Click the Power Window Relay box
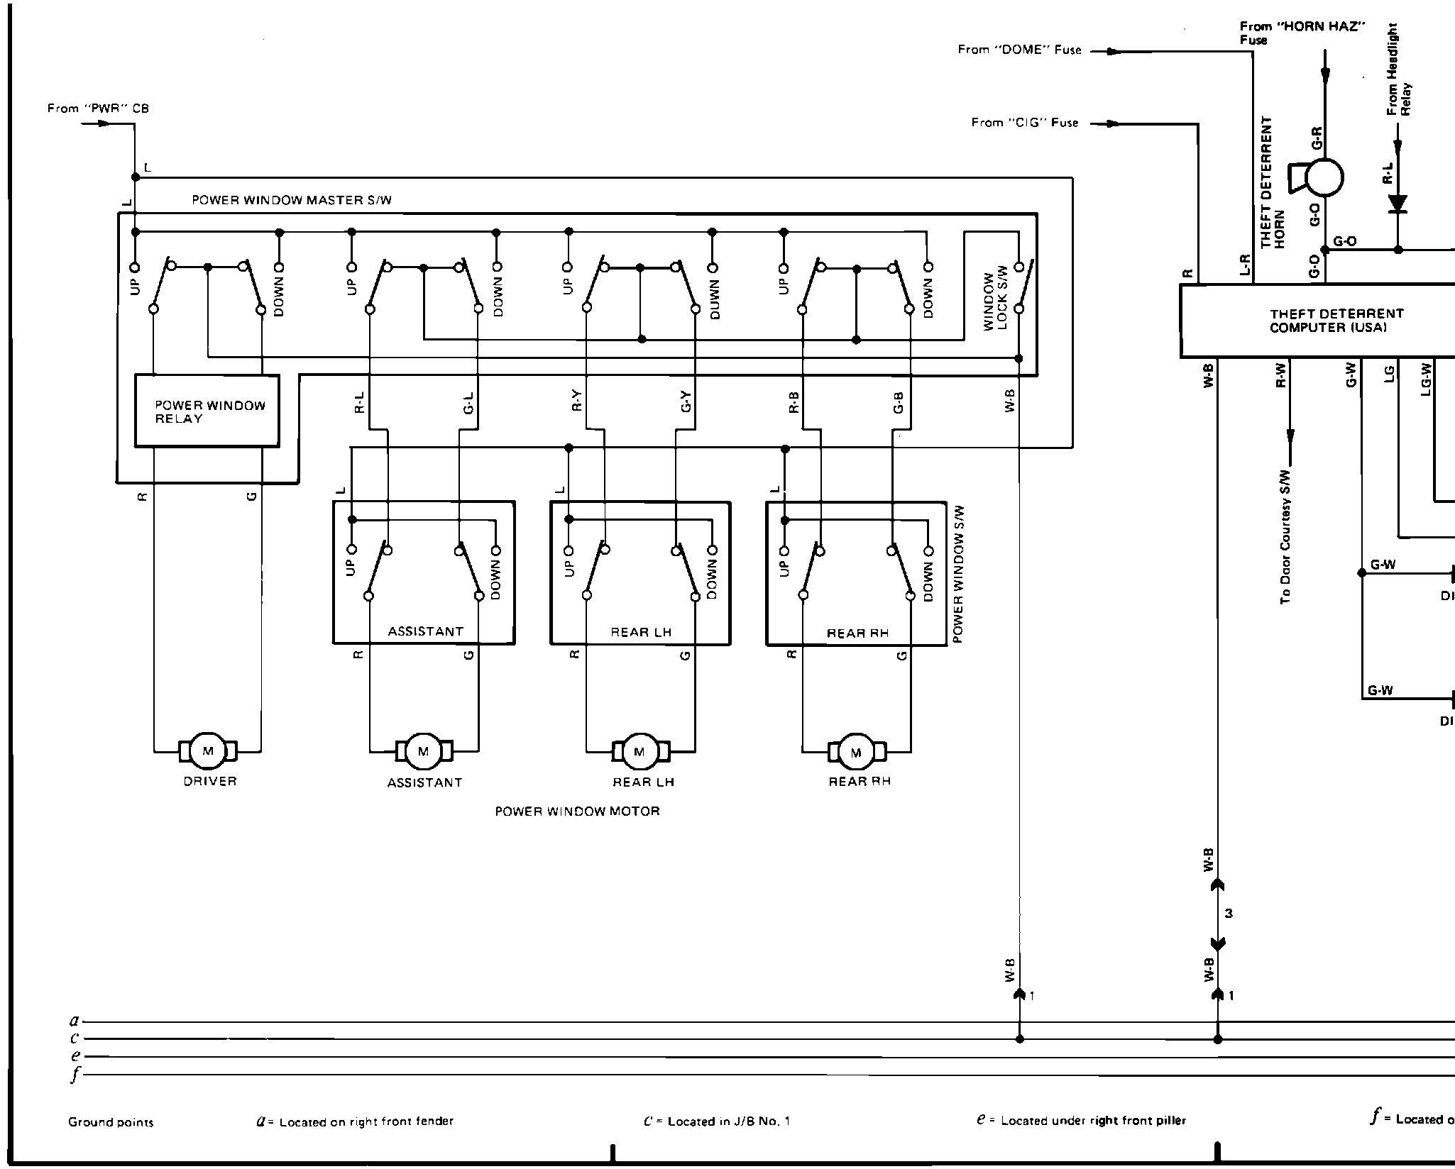click(x=207, y=411)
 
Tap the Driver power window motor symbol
click(x=208, y=751)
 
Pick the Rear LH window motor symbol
click(x=639, y=752)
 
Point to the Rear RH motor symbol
click(x=856, y=752)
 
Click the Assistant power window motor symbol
click(x=424, y=752)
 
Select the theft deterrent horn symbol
click(x=1319, y=177)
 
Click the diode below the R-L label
click(x=1398, y=204)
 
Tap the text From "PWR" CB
click(x=98, y=109)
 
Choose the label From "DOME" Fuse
click(x=1019, y=50)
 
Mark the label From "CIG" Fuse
click(x=1025, y=123)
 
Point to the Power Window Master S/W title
click(x=292, y=201)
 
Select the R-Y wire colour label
click(x=576, y=402)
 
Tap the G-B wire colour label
click(x=899, y=402)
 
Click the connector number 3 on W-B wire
click(x=1229, y=914)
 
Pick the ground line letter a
click(x=73, y=1021)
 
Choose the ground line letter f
click(x=73, y=1075)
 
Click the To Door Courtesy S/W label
click(x=1285, y=537)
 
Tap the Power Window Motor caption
click(x=577, y=811)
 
